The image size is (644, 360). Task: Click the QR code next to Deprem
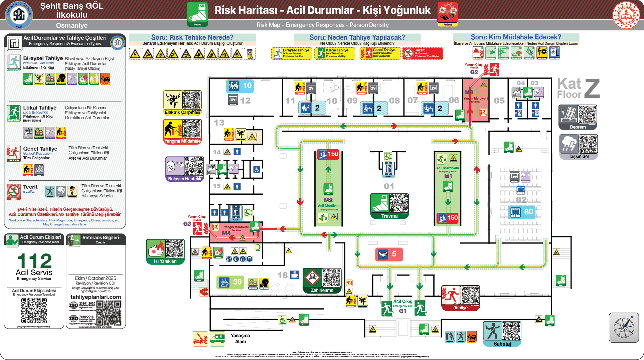[x=587, y=114]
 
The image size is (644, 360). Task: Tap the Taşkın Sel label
[x=579, y=156]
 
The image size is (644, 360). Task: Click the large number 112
[x=34, y=260]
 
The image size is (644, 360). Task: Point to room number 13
[x=219, y=123]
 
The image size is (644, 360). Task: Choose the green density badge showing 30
[x=230, y=282]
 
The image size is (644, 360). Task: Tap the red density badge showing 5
[x=389, y=254]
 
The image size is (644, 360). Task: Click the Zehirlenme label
[x=322, y=290]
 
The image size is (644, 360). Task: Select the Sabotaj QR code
[x=511, y=331]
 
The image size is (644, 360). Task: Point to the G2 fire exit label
[x=474, y=72]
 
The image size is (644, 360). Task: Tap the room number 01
[x=389, y=186]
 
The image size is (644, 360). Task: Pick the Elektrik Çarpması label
[x=182, y=113]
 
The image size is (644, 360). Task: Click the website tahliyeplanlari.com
[x=96, y=297]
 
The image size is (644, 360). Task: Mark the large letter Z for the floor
[x=592, y=88]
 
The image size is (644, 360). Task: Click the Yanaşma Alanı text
[x=240, y=338]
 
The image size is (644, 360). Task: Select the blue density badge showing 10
[x=240, y=85]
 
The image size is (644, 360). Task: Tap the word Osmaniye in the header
[x=72, y=25]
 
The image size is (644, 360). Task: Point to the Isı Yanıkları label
[x=165, y=261]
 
